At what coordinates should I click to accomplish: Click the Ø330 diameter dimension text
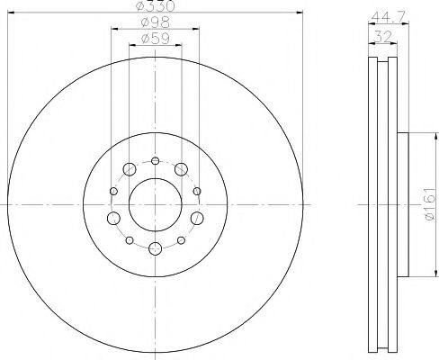(155, 7)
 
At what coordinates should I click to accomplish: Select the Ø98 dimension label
(155, 22)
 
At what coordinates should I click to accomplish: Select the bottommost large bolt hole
(155, 249)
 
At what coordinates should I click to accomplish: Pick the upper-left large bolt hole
(129, 169)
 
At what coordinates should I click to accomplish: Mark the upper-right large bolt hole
(181, 169)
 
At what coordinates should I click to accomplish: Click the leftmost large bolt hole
(113, 219)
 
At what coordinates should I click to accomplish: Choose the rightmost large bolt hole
(196, 219)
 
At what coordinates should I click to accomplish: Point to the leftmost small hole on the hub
(112, 191)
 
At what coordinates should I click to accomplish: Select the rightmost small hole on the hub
(197, 191)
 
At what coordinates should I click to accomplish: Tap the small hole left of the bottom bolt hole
(130, 241)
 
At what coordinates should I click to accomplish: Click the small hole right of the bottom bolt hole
(181, 241)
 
